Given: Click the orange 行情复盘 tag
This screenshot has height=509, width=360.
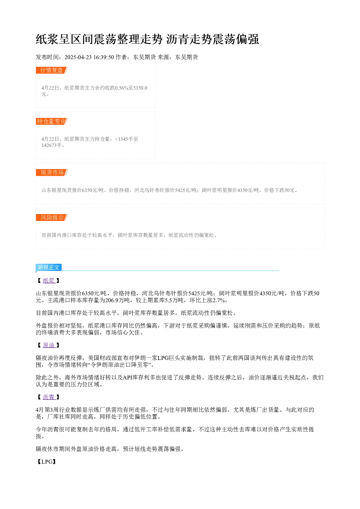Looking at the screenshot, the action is (x=52, y=70).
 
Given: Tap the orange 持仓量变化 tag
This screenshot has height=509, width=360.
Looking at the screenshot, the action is (x=52, y=121).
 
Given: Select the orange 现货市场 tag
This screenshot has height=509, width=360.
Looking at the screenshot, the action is (x=52, y=172).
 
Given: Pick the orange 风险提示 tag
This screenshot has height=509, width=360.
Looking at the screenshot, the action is (x=52, y=217).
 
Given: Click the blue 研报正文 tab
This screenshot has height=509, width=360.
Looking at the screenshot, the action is (x=49, y=267).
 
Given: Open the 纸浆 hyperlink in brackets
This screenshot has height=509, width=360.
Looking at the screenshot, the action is (x=49, y=281).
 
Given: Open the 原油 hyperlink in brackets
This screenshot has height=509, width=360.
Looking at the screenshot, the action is (x=49, y=345).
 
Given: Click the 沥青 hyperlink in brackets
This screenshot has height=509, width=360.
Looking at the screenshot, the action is (x=49, y=397).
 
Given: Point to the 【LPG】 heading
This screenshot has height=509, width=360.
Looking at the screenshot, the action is (x=46, y=461).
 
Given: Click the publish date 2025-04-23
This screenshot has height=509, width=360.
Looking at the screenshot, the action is (x=78, y=57).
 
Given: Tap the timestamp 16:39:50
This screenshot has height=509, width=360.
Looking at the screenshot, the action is (x=104, y=57).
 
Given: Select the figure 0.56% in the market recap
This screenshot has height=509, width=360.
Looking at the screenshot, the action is (x=122, y=88).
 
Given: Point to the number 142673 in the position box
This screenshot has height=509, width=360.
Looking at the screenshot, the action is (x=49, y=145).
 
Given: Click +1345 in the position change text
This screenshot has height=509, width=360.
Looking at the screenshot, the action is (x=122, y=139).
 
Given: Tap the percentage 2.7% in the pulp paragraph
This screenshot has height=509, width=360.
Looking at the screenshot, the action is (x=218, y=300).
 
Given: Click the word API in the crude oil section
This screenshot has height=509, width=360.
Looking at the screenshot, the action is (x=128, y=377).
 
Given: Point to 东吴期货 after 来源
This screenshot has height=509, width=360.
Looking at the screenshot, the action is (x=187, y=57).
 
